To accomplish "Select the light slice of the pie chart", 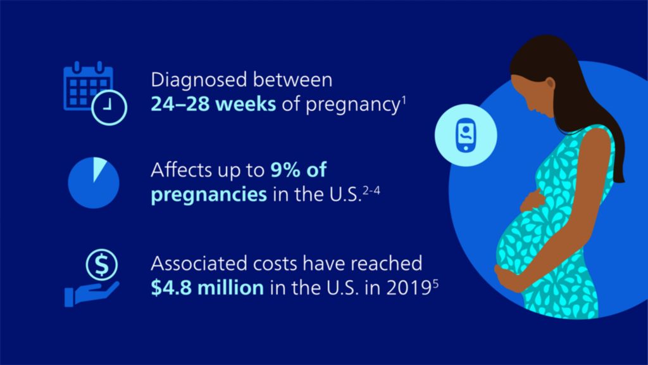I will [97, 170].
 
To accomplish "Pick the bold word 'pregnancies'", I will [208, 193].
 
